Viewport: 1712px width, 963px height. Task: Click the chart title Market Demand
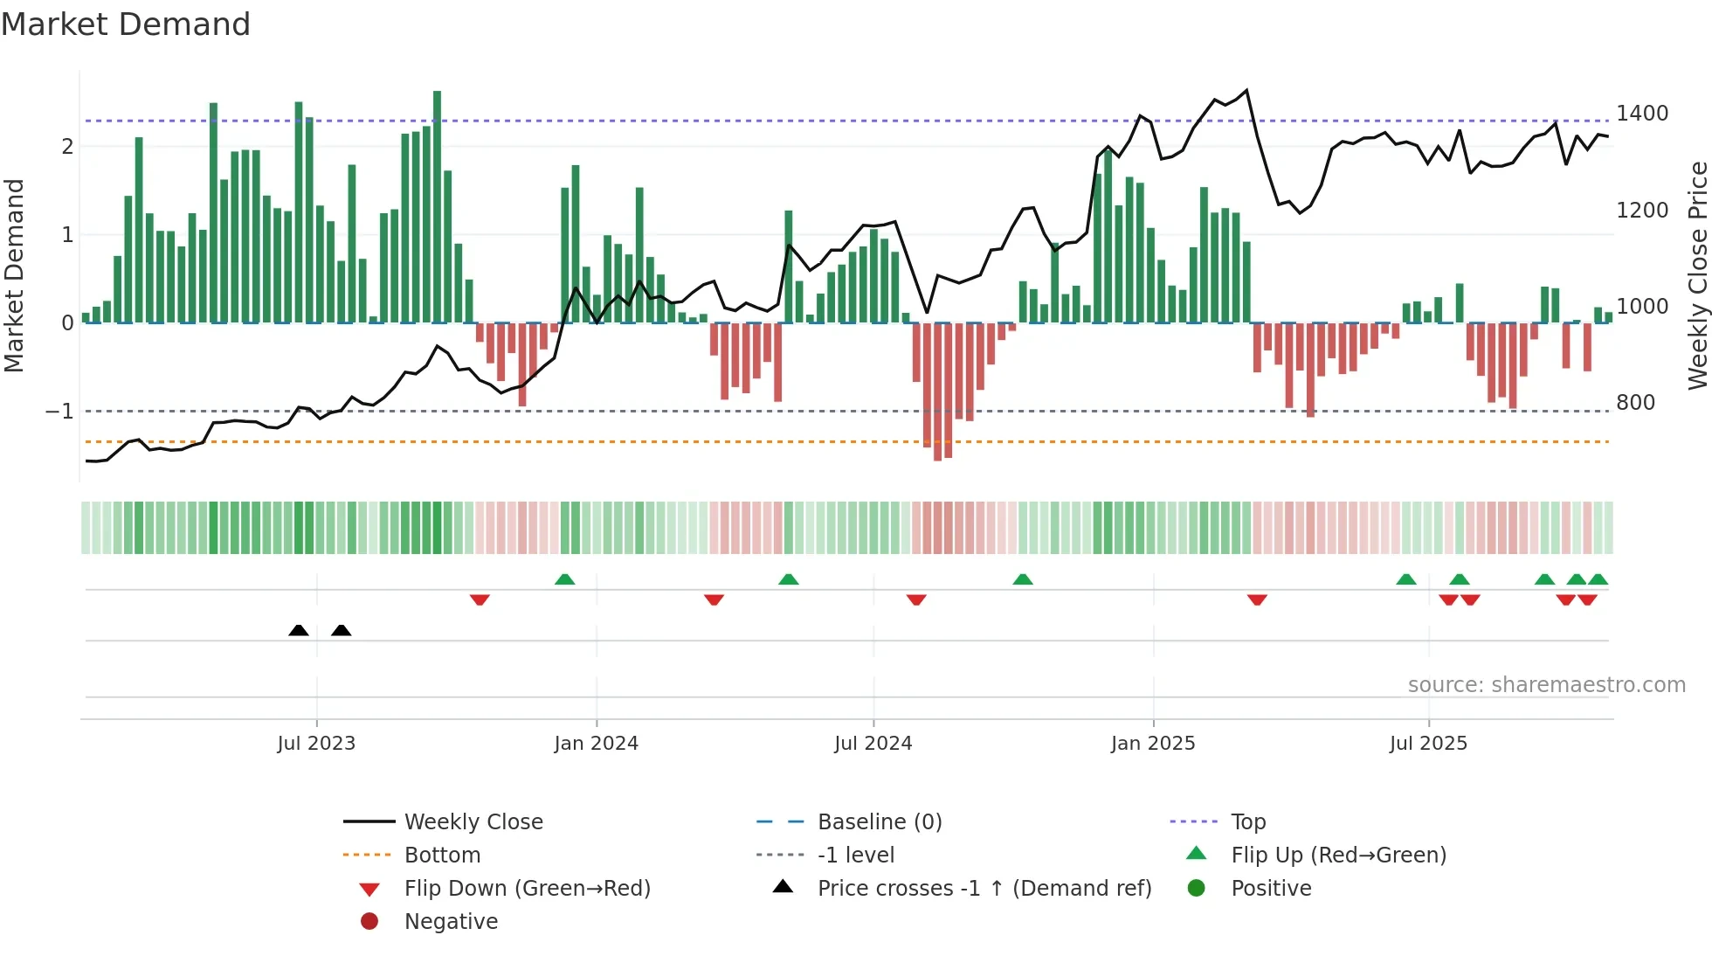pos(126,24)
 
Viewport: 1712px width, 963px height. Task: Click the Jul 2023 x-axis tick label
pos(316,744)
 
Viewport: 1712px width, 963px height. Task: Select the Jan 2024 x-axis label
pos(596,744)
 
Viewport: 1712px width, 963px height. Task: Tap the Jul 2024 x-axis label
pos(873,744)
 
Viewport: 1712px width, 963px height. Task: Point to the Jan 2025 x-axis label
pos(1153,744)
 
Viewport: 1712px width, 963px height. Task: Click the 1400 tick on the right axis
pos(1642,114)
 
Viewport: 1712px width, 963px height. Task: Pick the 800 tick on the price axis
pos(1635,403)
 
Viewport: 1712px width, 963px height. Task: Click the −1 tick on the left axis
pos(59,411)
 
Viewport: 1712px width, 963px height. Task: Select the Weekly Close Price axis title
pos(1697,275)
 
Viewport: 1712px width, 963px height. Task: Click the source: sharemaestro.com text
pos(1546,685)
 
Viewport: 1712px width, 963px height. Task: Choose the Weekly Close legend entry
pos(473,822)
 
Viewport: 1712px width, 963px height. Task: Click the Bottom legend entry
pos(442,856)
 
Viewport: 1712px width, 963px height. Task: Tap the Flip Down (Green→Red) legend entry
pos(527,889)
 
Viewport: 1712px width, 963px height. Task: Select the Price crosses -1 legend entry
pos(984,889)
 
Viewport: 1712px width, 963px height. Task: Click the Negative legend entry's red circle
pos(369,922)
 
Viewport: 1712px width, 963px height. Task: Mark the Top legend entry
pos(1247,822)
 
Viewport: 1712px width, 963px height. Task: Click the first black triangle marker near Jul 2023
pos(299,630)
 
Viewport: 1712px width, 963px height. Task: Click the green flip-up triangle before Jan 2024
pos(565,579)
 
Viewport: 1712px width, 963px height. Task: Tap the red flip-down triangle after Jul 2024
pos(916,599)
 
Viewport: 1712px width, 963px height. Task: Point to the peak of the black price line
pos(1246,90)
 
